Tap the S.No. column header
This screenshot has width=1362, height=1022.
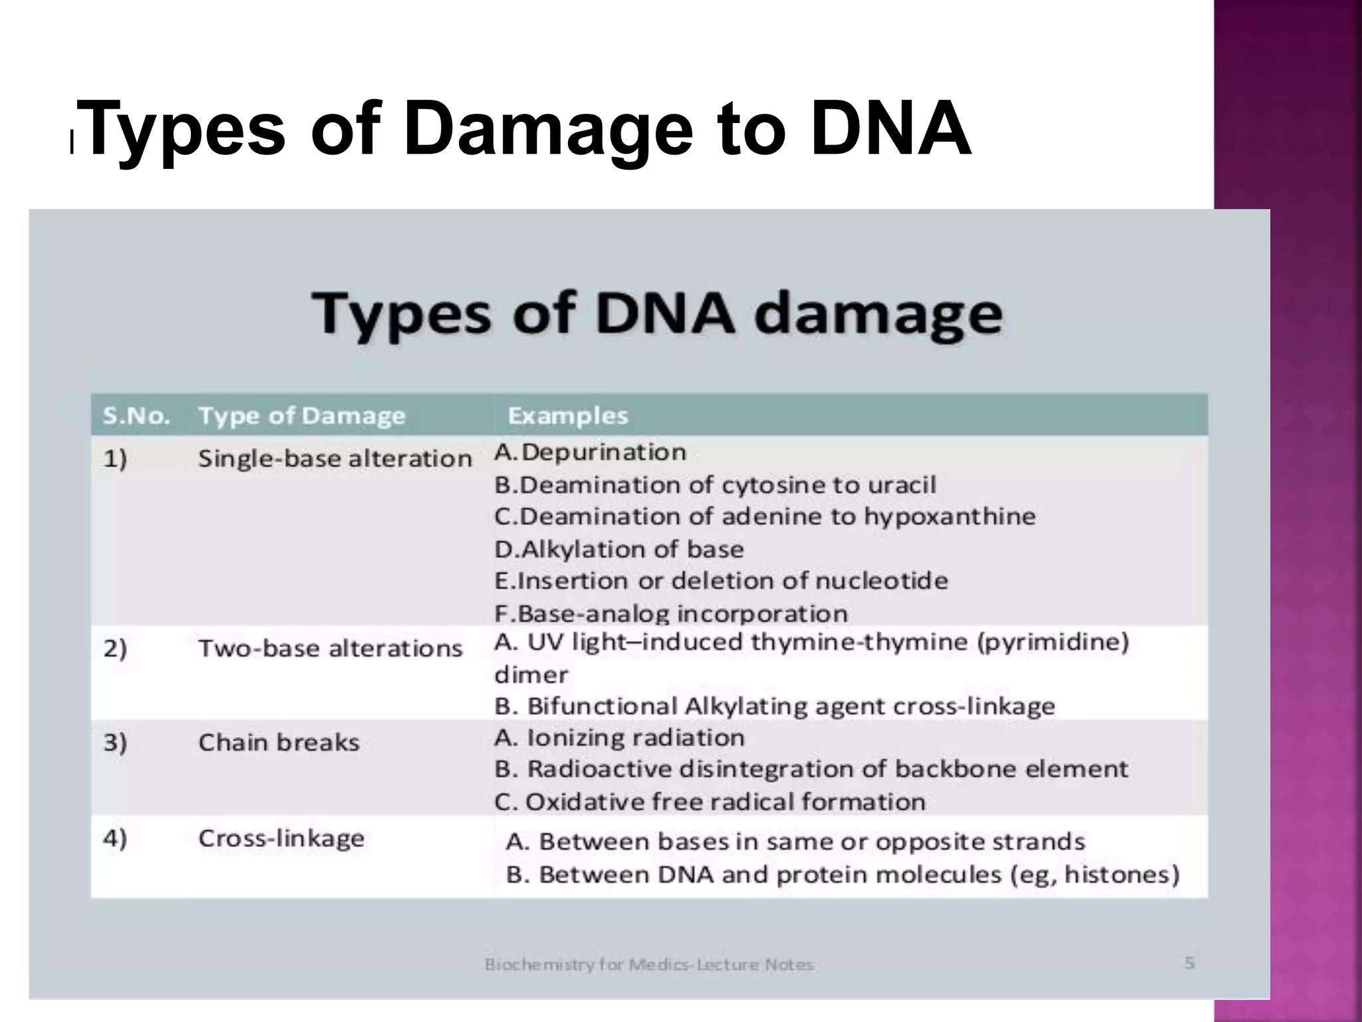click(136, 416)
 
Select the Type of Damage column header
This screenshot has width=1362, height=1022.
click(301, 416)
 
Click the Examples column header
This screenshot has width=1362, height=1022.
click(567, 416)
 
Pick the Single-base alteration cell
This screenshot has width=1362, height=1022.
click(335, 458)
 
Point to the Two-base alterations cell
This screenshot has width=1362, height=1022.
click(330, 648)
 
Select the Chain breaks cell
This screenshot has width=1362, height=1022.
click(278, 743)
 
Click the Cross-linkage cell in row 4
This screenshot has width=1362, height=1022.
click(281, 838)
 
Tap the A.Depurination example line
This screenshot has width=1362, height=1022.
click(590, 452)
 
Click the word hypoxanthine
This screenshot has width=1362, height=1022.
click(949, 516)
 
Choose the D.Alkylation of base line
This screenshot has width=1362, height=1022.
click(618, 550)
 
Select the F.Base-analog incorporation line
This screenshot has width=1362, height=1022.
click(670, 613)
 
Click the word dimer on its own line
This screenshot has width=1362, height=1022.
click(531, 675)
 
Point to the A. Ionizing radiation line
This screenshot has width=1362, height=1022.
click(618, 738)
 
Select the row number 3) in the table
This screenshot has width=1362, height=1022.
click(114, 743)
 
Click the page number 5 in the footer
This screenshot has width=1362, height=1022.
click(1189, 963)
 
